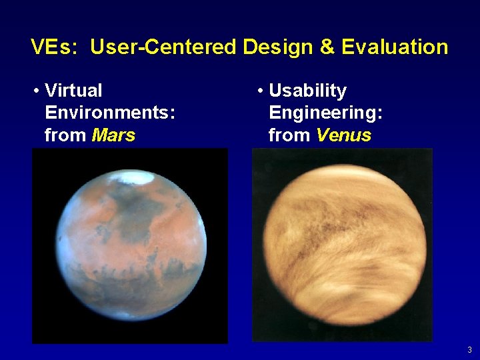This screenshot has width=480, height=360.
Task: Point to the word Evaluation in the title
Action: [x=395, y=47]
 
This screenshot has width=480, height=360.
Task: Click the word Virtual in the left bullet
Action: [x=73, y=91]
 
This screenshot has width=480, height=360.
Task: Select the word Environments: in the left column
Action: [x=110, y=113]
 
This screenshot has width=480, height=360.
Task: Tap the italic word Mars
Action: [x=113, y=135]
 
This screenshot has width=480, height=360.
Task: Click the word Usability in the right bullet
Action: [x=307, y=91]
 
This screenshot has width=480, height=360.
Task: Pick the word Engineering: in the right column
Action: [x=325, y=113]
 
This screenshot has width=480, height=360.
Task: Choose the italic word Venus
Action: [x=343, y=135]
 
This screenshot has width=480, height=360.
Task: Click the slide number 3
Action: [x=469, y=350]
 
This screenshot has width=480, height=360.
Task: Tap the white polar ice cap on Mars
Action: [x=133, y=176]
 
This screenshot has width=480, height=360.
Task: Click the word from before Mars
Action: [x=65, y=135]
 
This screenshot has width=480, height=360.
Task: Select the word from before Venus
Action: [x=289, y=135]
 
